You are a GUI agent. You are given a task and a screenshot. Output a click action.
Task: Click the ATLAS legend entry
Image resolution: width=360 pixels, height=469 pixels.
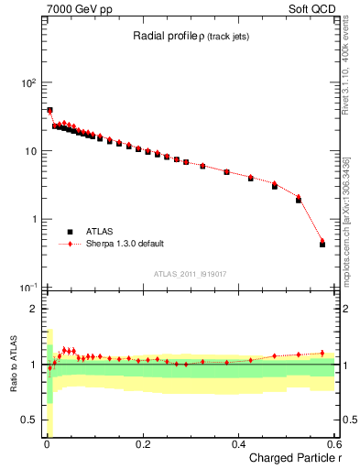point(100,232)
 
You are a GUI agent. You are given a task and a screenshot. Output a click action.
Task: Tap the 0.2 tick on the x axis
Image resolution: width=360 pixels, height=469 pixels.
point(143,444)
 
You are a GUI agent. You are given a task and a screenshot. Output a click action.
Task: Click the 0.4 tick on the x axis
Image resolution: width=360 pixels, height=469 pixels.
point(239,444)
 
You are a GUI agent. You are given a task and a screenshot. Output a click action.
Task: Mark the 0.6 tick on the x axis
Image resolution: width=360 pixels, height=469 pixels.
point(334,444)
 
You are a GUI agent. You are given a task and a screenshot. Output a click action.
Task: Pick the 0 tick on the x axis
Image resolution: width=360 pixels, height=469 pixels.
point(47,444)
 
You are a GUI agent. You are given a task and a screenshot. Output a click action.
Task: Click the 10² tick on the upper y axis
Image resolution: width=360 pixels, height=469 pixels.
point(27,82)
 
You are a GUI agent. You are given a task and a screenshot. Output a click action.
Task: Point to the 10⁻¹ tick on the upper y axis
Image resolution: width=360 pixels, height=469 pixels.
point(27,288)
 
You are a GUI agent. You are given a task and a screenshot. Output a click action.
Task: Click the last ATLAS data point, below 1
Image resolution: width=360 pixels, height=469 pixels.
point(322,245)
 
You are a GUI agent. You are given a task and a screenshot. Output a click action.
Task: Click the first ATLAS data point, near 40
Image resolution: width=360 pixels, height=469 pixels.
point(49,111)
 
